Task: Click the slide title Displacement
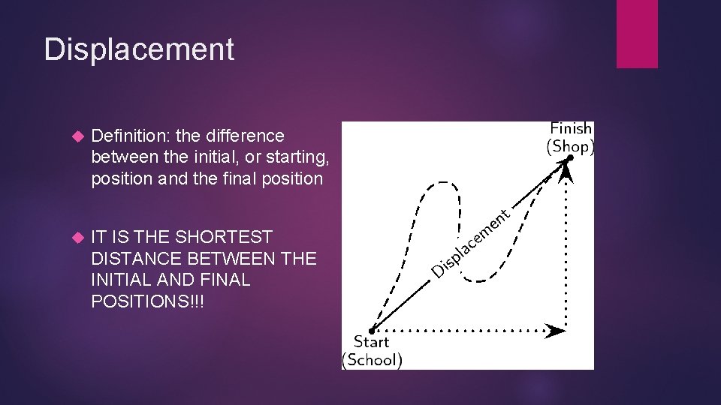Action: pyautogui.click(x=139, y=49)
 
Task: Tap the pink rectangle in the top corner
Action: pyautogui.click(x=637, y=34)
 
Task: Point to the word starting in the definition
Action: pyautogui.click(x=294, y=157)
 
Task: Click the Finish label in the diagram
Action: pyautogui.click(x=571, y=129)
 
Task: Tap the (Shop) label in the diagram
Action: pyautogui.click(x=570, y=146)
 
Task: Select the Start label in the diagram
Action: pyautogui.click(x=372, y=342)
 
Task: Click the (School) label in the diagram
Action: pyautogui.click(x=372, y=360)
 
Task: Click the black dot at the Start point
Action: pyautogui.click(x=373, y=328)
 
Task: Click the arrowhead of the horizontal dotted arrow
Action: pyautogui.click(x=557, y=329)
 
